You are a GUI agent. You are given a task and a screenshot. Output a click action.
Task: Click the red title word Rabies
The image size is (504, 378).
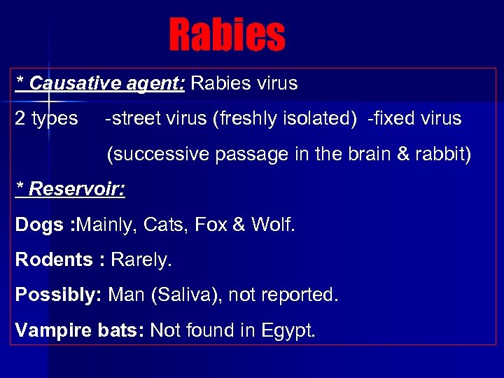click(227, 35)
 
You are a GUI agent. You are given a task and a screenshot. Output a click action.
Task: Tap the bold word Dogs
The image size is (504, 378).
click(39, 225)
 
